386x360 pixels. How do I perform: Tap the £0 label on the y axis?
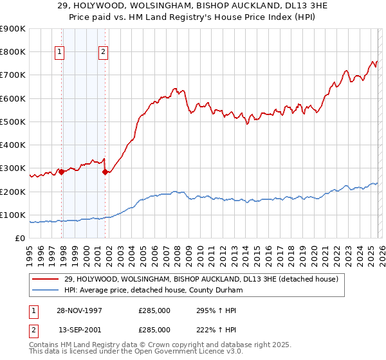tap(20, 238)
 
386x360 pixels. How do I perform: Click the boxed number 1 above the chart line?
tap(59, 53)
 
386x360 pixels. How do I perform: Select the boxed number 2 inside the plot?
tap(103, 53)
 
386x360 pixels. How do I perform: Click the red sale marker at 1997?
tap(62, 172)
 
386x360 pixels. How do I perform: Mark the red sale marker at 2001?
tap(105, 172)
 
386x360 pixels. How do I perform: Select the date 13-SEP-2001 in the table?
tap(80, 329)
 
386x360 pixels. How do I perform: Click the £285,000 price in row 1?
tap(154, 310)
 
